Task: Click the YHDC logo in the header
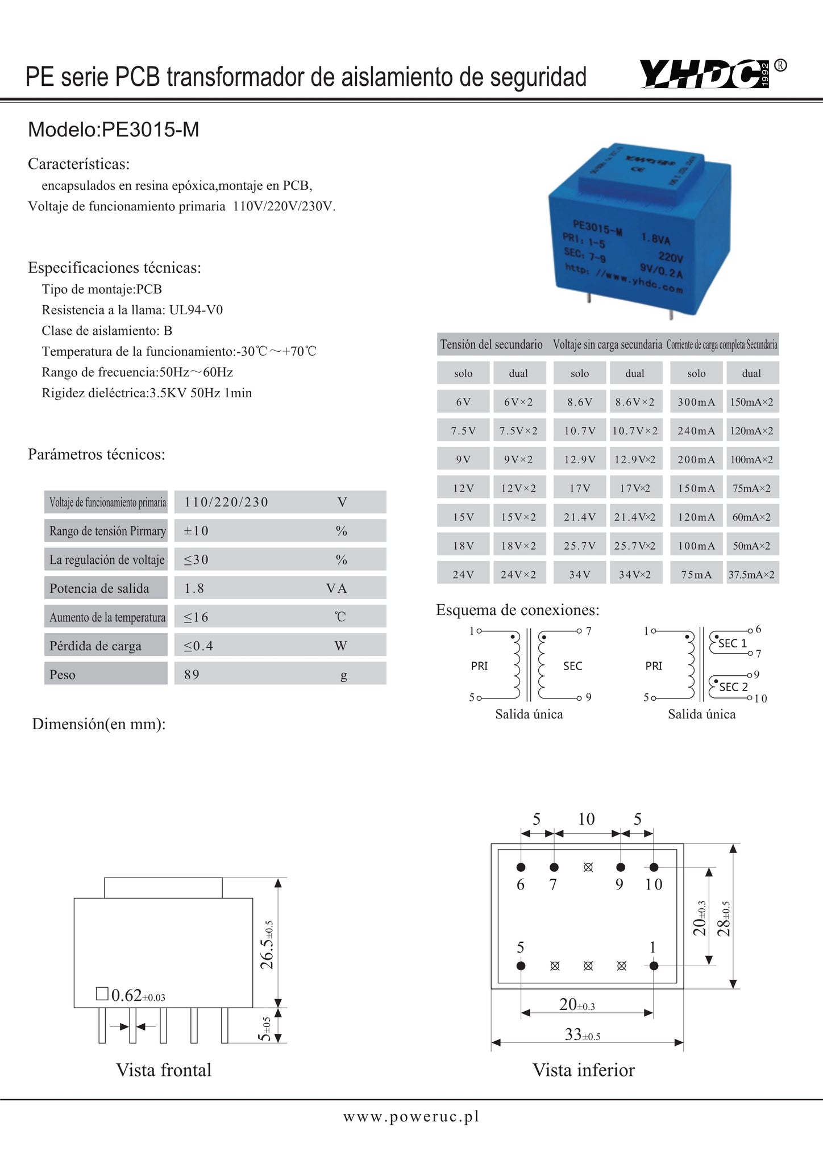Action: [x=705, y=74]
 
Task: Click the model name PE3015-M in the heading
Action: [x=150, y=130]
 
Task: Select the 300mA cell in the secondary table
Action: [x=696, y=402]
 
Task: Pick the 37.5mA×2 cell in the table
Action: [x=751, y=575]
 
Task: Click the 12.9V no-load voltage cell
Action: [x=579, y=459]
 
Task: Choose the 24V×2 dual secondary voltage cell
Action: [x=518, y=575]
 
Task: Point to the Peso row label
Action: [x=63, y=675]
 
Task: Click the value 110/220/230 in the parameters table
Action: [x=226, y=502]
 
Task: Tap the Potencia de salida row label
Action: [x=99, y=588]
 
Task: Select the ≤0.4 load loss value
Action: [x=198, y=646]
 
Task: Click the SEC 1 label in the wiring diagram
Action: [x=733, y=643]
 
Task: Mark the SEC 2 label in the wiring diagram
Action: [x=733, y=687]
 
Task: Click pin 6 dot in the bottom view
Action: [x=521, y=867]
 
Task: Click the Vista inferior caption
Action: [x=583, y=1070]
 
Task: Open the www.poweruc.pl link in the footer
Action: [x=411, y=1117]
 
